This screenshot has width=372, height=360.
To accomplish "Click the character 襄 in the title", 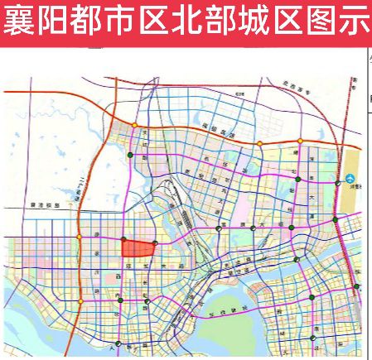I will click(x=19, y=22).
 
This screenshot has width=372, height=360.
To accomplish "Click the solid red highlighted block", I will click(x=138, y=249).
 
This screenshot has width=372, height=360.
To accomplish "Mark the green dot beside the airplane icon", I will click(x=337, y=183).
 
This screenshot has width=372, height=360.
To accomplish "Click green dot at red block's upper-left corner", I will click(x=123, y=240).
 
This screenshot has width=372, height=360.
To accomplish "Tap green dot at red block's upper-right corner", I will click(x=156, y=240).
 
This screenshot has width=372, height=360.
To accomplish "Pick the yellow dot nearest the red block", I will click(x=80, y=238).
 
